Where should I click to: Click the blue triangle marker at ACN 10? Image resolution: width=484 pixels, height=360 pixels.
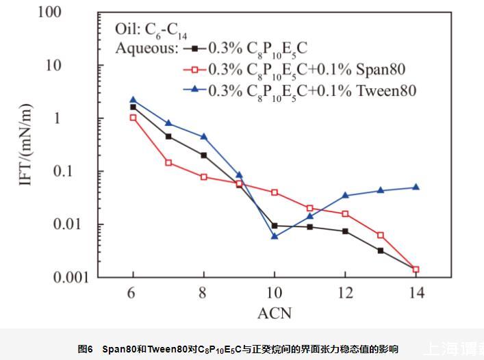pos(275,235)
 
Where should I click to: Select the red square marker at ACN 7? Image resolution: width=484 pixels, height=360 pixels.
pos(168,163)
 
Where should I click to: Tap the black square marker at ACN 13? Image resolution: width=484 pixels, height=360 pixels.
pos(381,250)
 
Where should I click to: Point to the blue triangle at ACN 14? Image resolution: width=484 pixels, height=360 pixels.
pos(416,187)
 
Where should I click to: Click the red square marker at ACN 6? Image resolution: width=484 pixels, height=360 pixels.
pos(133,118)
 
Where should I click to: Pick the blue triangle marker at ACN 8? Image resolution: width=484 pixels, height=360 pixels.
pos(204,136)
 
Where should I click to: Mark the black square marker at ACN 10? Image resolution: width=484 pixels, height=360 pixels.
pos(275,225)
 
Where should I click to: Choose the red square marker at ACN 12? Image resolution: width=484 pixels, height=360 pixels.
pos(346,214)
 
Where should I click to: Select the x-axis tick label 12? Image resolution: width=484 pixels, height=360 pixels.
pos(345,293)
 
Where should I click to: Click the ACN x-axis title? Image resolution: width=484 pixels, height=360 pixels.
pos(275,313)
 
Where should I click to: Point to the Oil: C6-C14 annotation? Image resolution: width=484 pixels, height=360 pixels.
pos(151,30)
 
